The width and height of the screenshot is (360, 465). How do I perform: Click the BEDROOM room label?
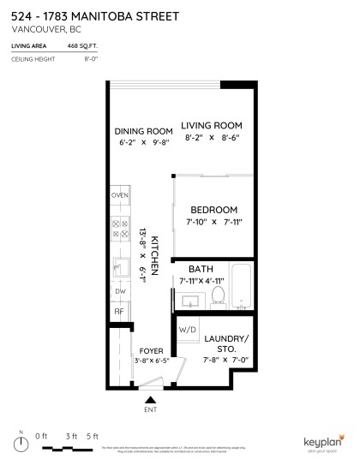click(x=213, y=209)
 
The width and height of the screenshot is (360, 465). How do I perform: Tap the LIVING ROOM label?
click(x=213, y=125)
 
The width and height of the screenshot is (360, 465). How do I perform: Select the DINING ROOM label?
click(x=143, y=131)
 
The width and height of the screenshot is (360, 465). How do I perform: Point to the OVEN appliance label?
click(x=119, y=196)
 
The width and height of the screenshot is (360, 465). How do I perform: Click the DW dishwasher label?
click(x=119, y=291)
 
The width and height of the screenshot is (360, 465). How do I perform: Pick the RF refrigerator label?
click(x=119, y=313)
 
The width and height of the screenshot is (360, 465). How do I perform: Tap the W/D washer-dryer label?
click(x=188, y=330)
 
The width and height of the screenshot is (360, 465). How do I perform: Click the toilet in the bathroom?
click(x=218, y=296)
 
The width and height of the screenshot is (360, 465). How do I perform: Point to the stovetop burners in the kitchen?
click(x=119, y=228)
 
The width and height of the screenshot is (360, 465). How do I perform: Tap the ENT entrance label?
click(x=151, y=408)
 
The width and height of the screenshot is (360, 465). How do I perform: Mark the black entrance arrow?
click(x=151, y=397)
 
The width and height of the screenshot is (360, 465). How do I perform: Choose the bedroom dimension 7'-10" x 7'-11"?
click(x=213, y=223)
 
